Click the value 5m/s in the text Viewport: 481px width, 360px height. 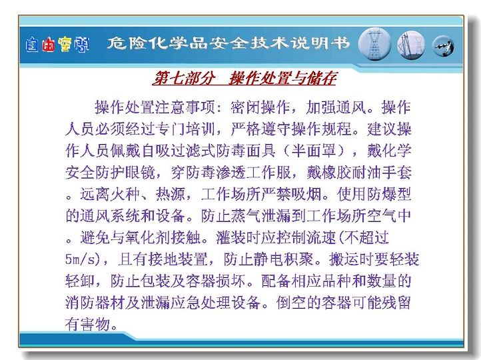coord(83,259)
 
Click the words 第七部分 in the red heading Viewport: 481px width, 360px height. coord(184,78)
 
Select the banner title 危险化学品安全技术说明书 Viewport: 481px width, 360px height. coord(229,43)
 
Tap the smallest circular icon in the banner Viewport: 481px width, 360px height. coord(443,46)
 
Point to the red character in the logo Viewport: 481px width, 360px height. coord(49,45)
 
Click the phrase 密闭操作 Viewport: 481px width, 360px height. coord(260,107)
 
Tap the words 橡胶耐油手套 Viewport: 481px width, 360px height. coord(366,173)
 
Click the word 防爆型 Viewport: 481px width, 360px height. coord(389,194)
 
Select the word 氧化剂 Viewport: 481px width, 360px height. coord(140,237)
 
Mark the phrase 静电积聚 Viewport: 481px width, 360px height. coord(283,259)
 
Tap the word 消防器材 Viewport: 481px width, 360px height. coord(95,303)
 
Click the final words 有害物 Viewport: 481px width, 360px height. coord(87,324)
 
